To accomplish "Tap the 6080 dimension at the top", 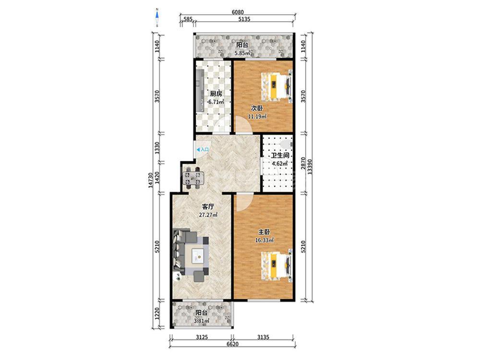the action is click(x=238, y=12).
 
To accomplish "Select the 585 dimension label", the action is click(x=188, y=19).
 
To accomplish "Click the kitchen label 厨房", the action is click(x=216, y=94).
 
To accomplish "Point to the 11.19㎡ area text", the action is click(x=257, y=116).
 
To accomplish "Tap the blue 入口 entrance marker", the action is click(x=203, y=150).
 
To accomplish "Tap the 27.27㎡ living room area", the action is click(x=208, y=215).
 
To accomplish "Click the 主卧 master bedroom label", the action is click(x=264, y=233).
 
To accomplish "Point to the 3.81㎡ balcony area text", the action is click(x=202, y=321).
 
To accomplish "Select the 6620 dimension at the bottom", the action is click(x=232, y=344).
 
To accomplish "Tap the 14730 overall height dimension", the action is click(x=150, y=180).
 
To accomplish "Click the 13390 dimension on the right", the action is click(x=310, y=167).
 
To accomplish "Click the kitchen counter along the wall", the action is click(x=201, y=91).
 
